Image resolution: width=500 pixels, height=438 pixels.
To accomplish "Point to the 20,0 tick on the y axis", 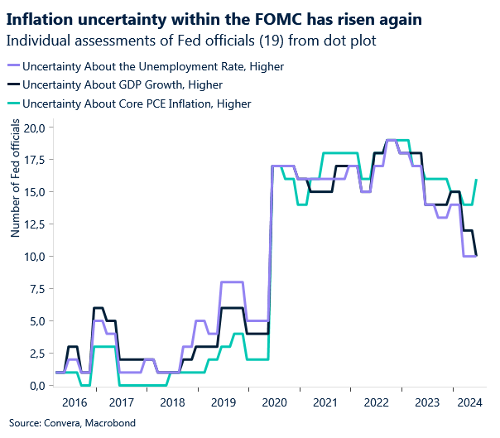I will [33, 128].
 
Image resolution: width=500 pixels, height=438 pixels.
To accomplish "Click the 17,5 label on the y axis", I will [33, 160].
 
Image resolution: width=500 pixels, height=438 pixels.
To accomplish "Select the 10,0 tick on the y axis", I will [33, 257].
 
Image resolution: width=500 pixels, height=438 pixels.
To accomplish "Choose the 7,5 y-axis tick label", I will [36, 289].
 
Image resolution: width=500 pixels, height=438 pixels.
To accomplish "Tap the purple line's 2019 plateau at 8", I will [232, 282].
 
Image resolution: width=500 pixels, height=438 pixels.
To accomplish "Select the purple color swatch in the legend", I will [12, 65].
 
